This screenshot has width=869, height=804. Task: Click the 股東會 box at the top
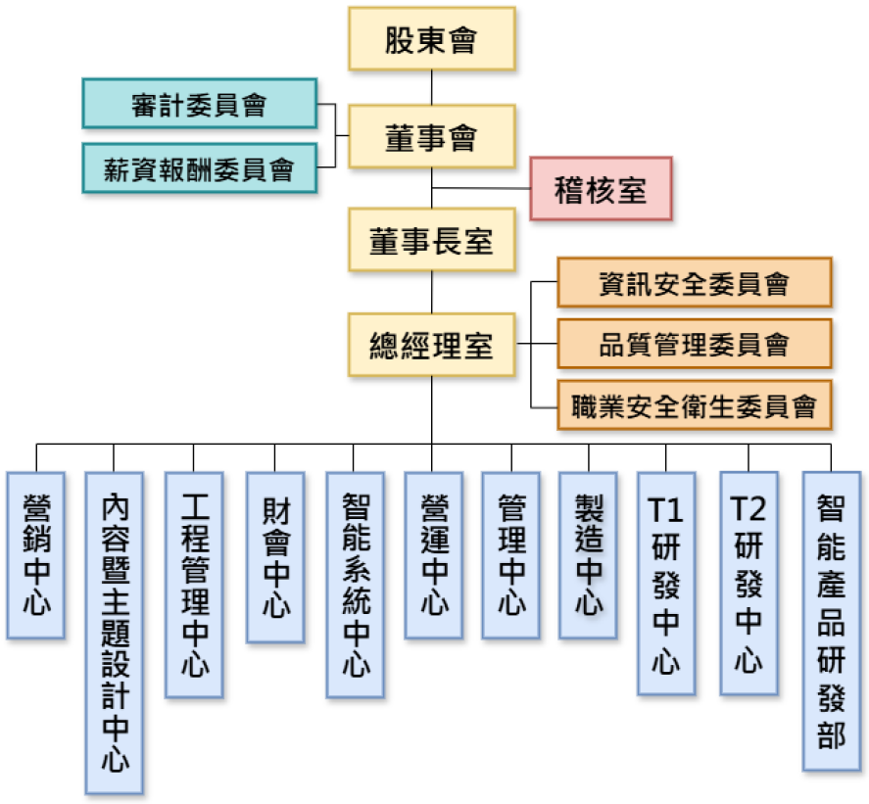point(432,39)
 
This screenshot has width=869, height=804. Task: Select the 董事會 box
point(432,138)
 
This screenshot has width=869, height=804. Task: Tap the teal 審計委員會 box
point(199,105)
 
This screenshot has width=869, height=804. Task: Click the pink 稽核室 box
point(601,188)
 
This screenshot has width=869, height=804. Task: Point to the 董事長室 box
point(432,239)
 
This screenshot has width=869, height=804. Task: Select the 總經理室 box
point(432,345)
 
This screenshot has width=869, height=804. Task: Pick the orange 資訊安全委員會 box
point(694,283)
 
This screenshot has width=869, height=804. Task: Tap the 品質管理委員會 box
point(694,344)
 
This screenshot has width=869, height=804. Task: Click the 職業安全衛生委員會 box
point(694,404)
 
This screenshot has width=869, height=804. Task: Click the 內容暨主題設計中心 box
point(114,632)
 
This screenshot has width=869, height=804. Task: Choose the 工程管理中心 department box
point(194,585)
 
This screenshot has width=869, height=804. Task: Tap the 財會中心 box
point(275,557)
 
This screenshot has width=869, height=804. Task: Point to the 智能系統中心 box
point(355,585)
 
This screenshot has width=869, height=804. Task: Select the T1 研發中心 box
point(666,584)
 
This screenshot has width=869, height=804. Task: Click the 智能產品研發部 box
point(831,621)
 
